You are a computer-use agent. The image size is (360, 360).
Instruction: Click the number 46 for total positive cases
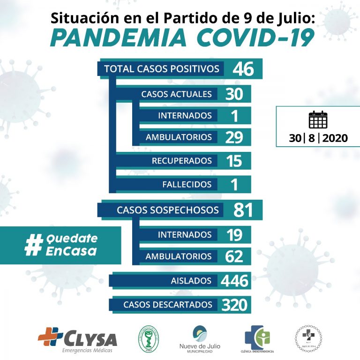click(243, 69)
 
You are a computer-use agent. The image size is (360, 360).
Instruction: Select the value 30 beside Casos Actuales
click(234, 94)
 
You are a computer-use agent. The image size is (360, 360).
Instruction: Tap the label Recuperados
click(181, 161)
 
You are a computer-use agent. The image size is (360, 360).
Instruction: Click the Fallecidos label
click(187, 184)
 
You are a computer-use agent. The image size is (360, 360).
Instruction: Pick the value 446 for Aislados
click(235, 281)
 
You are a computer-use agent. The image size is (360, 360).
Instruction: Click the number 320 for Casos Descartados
click(234, 305)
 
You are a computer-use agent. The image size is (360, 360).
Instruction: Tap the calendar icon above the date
click(318, 120)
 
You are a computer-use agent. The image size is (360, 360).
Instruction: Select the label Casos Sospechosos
click(167, 210)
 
